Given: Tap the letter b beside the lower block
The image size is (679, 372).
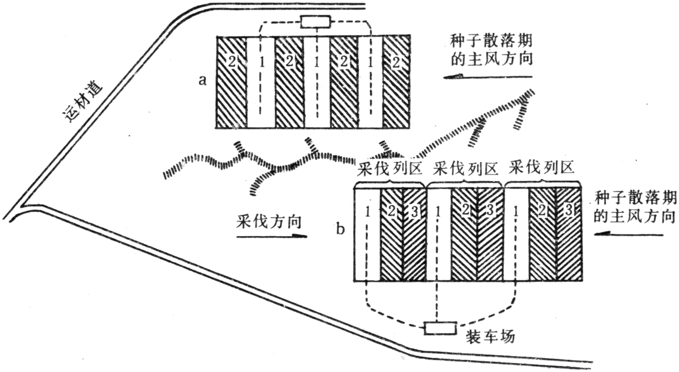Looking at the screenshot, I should tap(341, 229).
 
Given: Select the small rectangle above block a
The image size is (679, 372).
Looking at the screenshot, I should tap(315, 22).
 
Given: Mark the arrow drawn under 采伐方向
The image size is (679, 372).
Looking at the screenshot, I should tap(272, 236).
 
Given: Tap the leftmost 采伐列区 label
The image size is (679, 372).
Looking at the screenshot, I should tap(389, 170).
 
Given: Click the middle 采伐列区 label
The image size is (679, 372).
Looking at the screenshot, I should tap(464, 170).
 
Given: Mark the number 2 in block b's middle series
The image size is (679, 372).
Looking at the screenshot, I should tap(465, 211).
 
